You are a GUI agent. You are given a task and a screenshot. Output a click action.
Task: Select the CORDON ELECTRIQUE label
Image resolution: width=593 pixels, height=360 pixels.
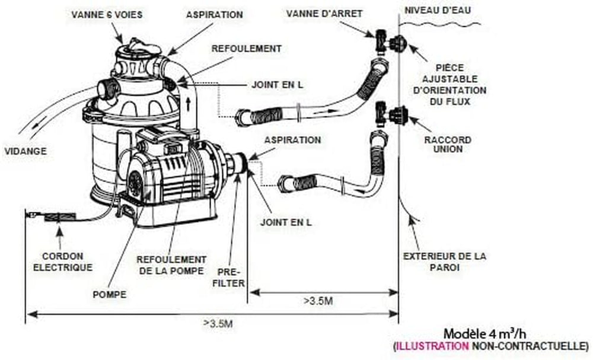click(66, 262)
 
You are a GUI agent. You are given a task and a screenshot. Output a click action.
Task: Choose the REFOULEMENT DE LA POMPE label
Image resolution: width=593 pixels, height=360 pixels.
click(171, 265)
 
